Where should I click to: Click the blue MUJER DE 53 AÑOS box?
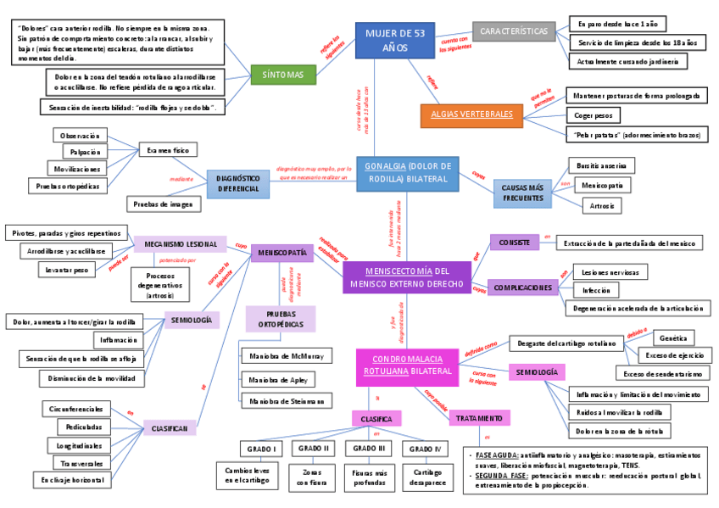click(x=394, y=40)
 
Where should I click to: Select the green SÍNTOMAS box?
click(x=283, y=75)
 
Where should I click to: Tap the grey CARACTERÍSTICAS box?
click(x=514, y=32)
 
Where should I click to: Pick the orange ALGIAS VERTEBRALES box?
click(x=471, y=114)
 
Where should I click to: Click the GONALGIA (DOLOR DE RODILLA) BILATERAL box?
click(x=407, y=173)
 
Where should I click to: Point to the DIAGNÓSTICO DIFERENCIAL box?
click(x=237, y=184)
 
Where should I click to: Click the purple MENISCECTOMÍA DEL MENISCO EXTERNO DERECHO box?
click(x=406, y=276)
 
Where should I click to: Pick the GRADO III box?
click(x=370, y=448)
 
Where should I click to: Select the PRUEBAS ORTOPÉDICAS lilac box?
click(x=281, y=318)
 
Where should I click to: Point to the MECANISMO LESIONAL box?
click(x=180, y=244)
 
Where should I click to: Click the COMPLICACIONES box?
click(x=522, y=287)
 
